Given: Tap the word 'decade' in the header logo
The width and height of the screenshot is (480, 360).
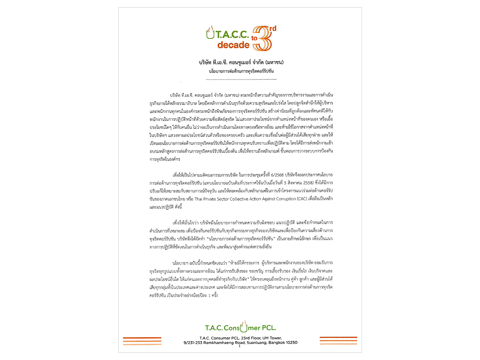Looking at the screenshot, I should (x=233, y=45).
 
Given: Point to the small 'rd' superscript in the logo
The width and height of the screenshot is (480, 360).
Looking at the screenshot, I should (x=273, y=28).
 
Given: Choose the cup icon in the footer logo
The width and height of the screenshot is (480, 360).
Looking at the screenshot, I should (x=243, y=327).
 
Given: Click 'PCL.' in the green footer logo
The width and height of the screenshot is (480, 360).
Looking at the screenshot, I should (x=267, y=328).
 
